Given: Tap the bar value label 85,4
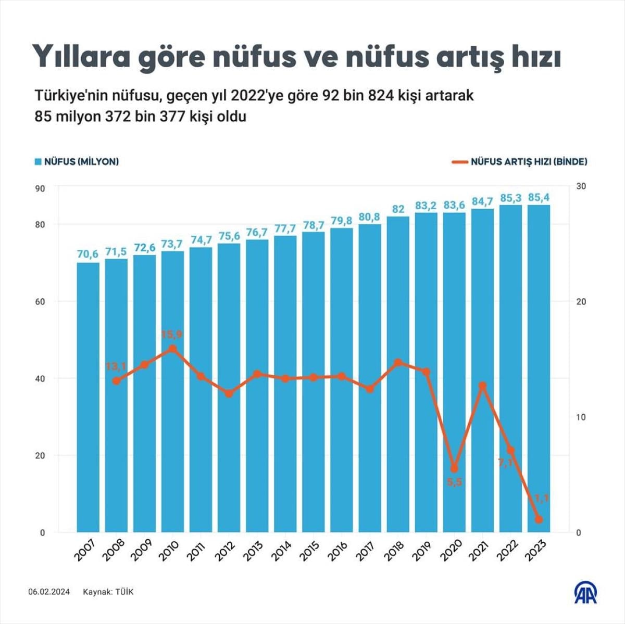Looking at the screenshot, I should tap(539, 197).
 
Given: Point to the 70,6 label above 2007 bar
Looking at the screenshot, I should tap(88, 254).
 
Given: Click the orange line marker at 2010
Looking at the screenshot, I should tap(172, 349).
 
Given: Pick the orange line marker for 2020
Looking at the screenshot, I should tap(454, 468).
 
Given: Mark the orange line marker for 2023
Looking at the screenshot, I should tap(539, 519).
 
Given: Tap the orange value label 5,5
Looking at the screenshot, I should tap(454, 482).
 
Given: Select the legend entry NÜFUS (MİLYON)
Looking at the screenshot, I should tap(77, 162).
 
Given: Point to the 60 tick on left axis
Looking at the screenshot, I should tap(40, 302).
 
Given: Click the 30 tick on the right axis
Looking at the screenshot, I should tap(581, 186).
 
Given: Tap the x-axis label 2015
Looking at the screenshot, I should tap(310, 551).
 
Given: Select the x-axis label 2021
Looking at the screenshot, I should tap(479, 551).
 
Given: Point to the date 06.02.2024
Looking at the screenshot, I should tap(49, 592).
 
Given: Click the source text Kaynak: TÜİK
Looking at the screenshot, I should tap(108, 592).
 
